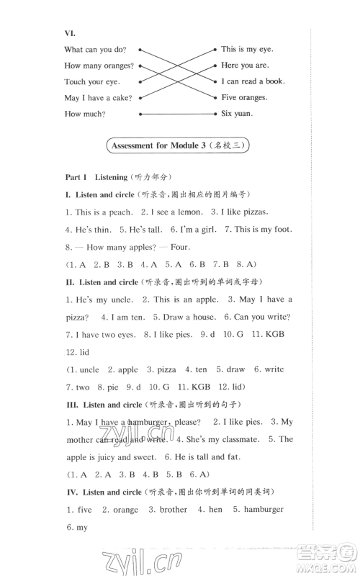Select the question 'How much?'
coord(84,114)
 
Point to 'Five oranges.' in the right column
coord(244,97)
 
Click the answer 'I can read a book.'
coord(253,81)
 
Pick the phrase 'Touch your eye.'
coord(91,82)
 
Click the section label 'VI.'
coord(70,32)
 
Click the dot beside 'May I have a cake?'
coord(140,97)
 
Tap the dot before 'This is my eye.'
coord(215,50)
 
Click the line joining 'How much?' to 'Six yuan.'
coord(176,114)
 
